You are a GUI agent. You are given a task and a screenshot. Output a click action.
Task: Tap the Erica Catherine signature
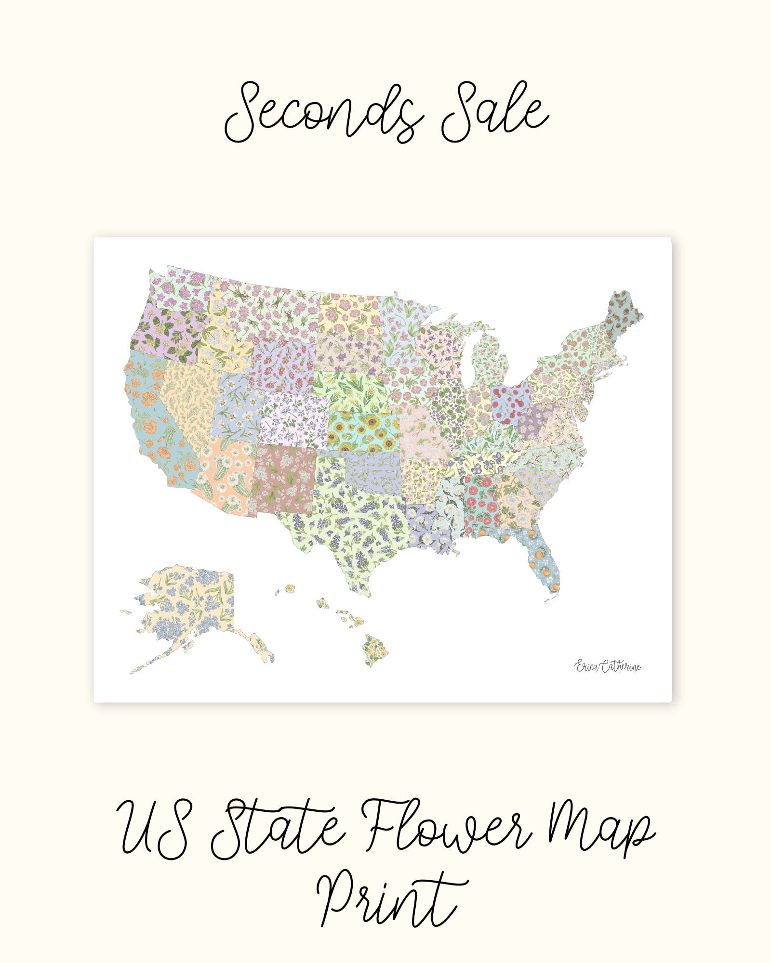click(x=608, y=666)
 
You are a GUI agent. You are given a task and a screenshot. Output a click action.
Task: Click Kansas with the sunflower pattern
click(x=364, y=431)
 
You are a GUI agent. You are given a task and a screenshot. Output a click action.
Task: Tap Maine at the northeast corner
click(x=624, y=313)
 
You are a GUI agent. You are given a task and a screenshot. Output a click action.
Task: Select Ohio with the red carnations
click(x=510, y=400)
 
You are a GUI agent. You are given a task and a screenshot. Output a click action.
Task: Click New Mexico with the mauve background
click(x=284, y=479)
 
